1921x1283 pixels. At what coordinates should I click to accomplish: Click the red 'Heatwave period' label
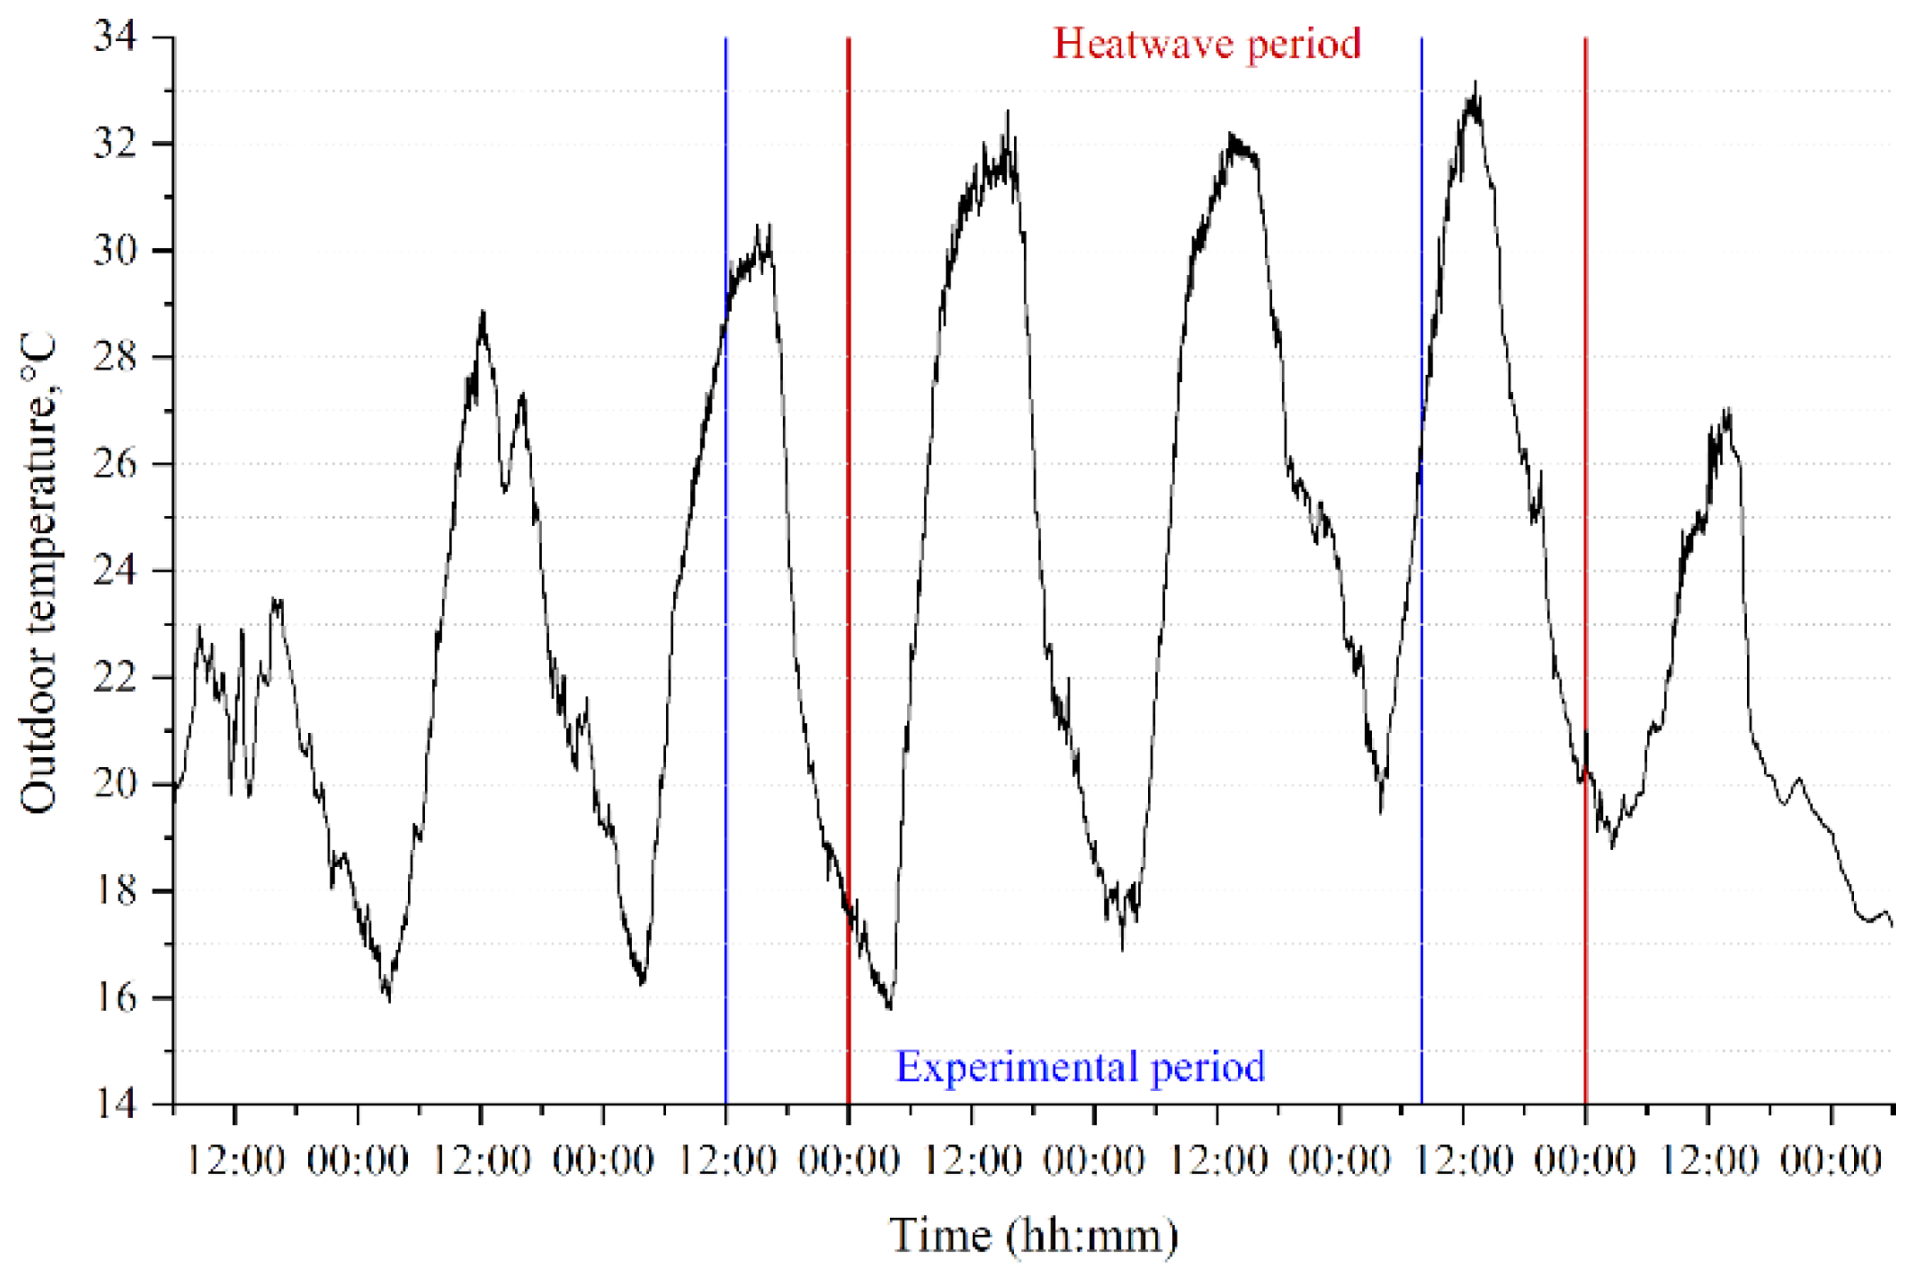(x=1206, y=44)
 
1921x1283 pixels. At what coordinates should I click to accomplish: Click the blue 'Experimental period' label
(x=1080, y=1066)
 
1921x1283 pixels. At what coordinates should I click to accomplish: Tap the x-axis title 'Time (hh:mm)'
(x=1034, y=1237)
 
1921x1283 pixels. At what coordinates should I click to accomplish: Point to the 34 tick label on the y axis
(x=115, y=37)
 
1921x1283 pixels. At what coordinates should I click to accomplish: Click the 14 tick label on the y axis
(x=115, y=1104)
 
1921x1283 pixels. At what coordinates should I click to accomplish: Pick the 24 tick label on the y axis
(x=115, y=571)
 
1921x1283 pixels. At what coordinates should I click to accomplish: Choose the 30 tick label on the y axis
(x=115, y=250)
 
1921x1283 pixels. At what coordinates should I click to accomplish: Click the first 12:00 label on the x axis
(x=235, y=1162)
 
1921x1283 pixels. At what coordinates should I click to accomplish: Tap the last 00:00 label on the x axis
(x=1831, y=1162)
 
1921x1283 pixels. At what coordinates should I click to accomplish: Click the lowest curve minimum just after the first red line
(x=889, y=1007)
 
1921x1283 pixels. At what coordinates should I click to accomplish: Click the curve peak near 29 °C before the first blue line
(x=483, y=313)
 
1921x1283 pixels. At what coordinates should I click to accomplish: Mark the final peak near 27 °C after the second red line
(x=1728, y=411)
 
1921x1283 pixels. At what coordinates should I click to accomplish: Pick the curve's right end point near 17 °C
(x=1891, y=925)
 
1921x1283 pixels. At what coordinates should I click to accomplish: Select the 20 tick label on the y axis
(x=115, y=784)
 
